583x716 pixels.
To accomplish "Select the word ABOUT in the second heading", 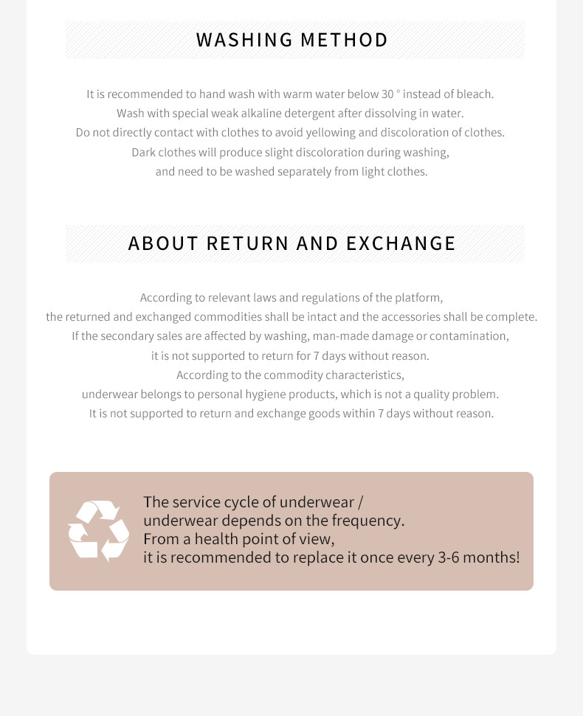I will [164, 243].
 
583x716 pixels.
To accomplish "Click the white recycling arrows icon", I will [98, 530].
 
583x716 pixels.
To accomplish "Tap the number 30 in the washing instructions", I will [387, 94].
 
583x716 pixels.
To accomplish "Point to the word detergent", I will [310, 114].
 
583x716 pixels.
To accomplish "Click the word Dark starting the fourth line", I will [144, 153].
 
